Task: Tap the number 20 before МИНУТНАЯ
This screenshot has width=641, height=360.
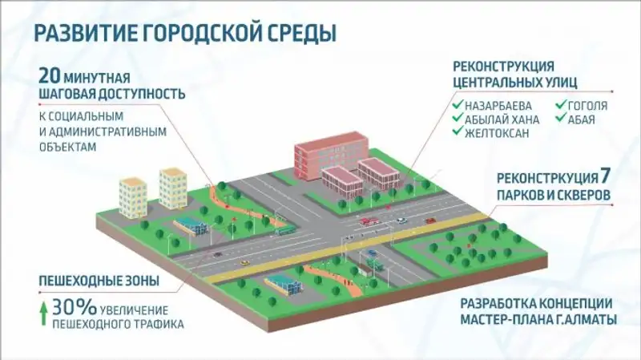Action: (50, 77)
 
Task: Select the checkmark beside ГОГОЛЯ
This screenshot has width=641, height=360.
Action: (560, 106)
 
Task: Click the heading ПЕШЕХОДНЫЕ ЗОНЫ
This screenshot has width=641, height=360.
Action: (98, 281)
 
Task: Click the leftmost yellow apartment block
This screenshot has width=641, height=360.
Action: (133, 196)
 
